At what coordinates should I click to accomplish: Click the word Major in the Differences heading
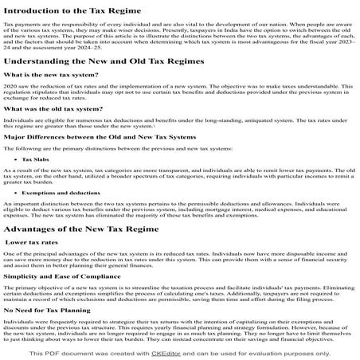pos(16,136)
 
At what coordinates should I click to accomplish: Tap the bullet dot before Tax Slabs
pos(16,159)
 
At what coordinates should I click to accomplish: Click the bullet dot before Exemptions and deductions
pos(16,193)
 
